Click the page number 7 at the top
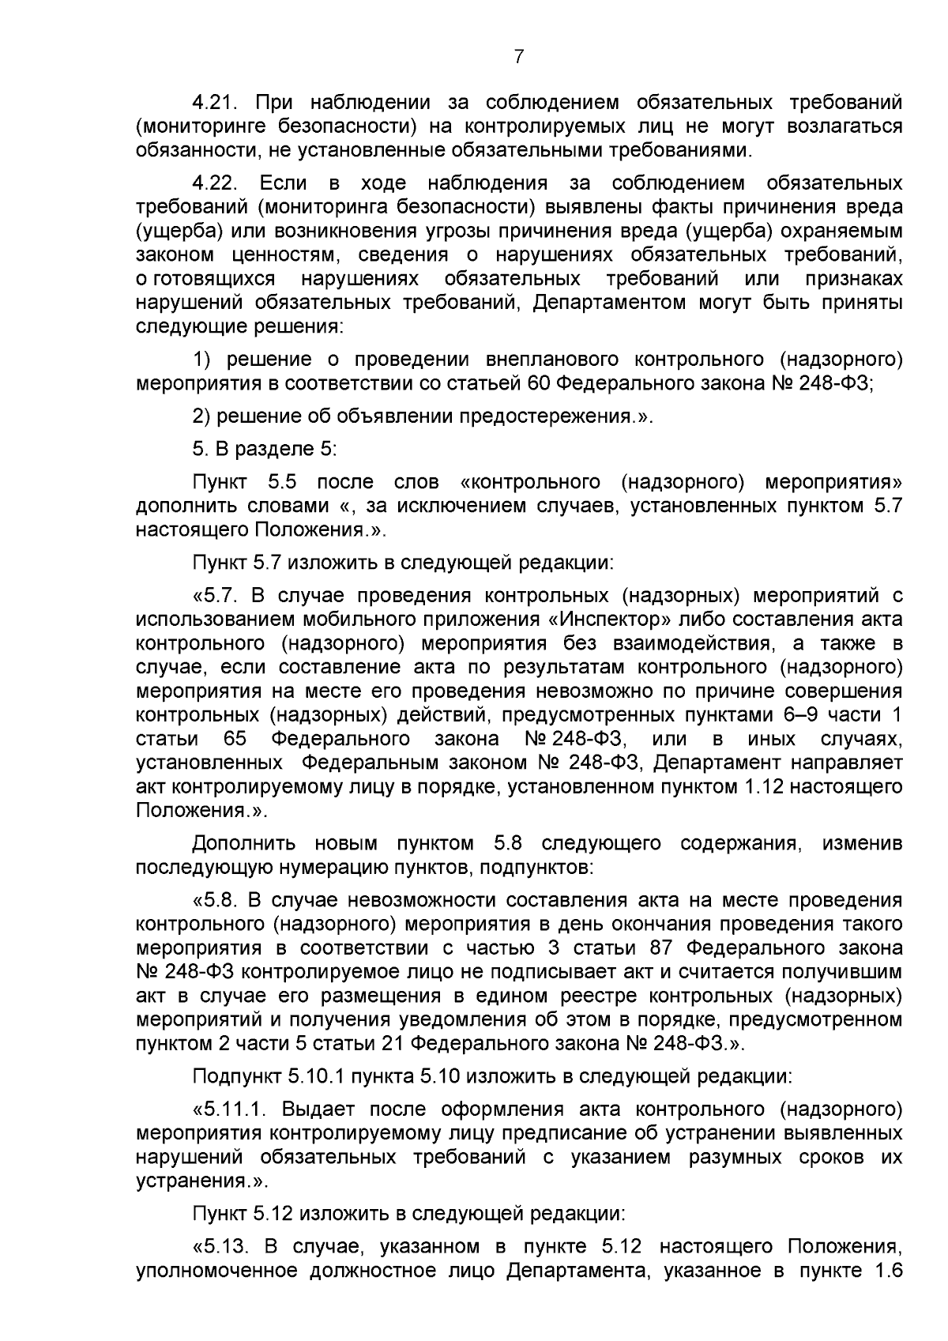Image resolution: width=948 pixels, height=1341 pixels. tap(518, 56)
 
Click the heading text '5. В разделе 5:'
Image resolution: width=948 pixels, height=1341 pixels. tap(265, 449)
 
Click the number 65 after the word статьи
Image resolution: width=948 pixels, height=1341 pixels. tap(235, 739)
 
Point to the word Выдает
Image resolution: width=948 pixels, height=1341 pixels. tap(316, 1109)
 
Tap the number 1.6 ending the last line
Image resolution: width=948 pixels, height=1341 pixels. tap(887, 1270)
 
